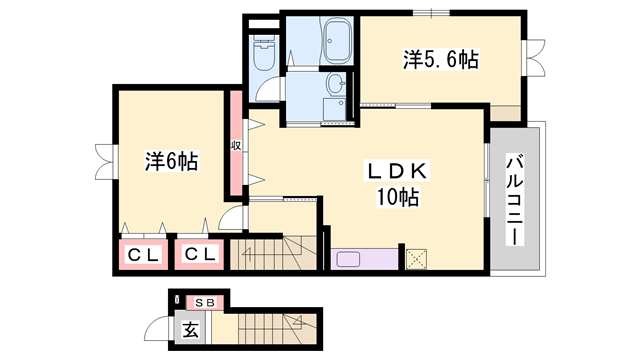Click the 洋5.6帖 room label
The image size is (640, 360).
tap(441, 61)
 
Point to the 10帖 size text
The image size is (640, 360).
tap(397, 198)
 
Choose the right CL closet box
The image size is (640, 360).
tap(199, 255)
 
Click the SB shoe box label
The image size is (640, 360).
tap(205, 302)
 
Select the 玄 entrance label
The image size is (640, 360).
tap(188, 328)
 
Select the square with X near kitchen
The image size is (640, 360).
tap(415, 258)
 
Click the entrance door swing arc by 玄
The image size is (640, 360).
tap(157, 328)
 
